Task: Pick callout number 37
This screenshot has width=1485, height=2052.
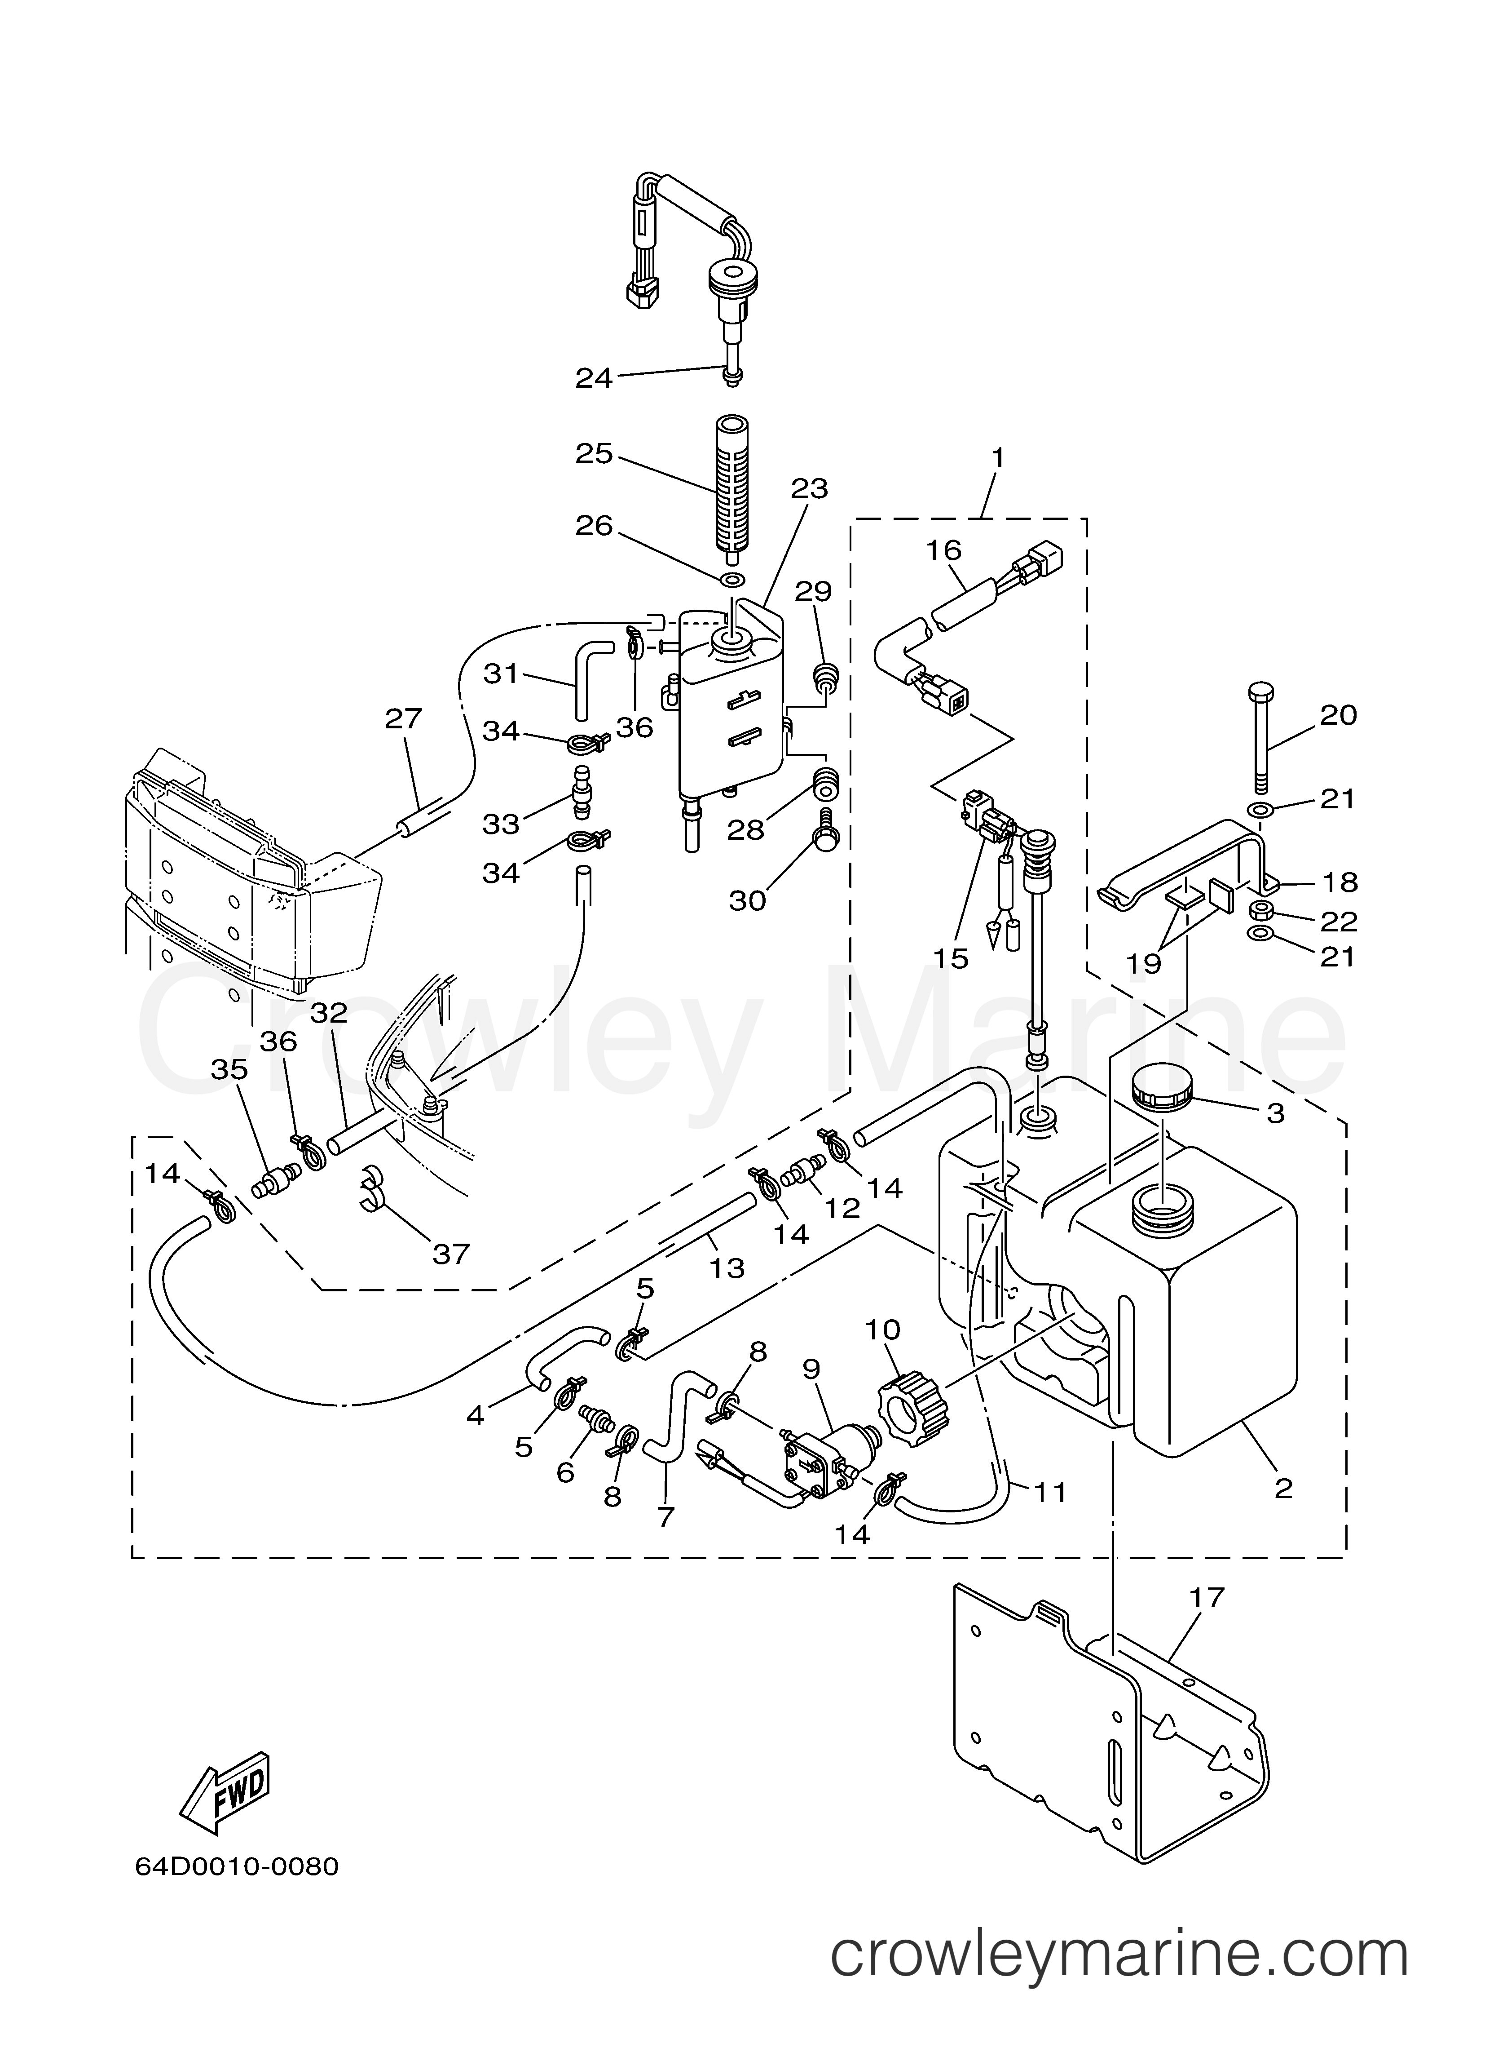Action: [450, 1253]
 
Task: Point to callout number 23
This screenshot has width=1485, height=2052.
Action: [810, 488]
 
